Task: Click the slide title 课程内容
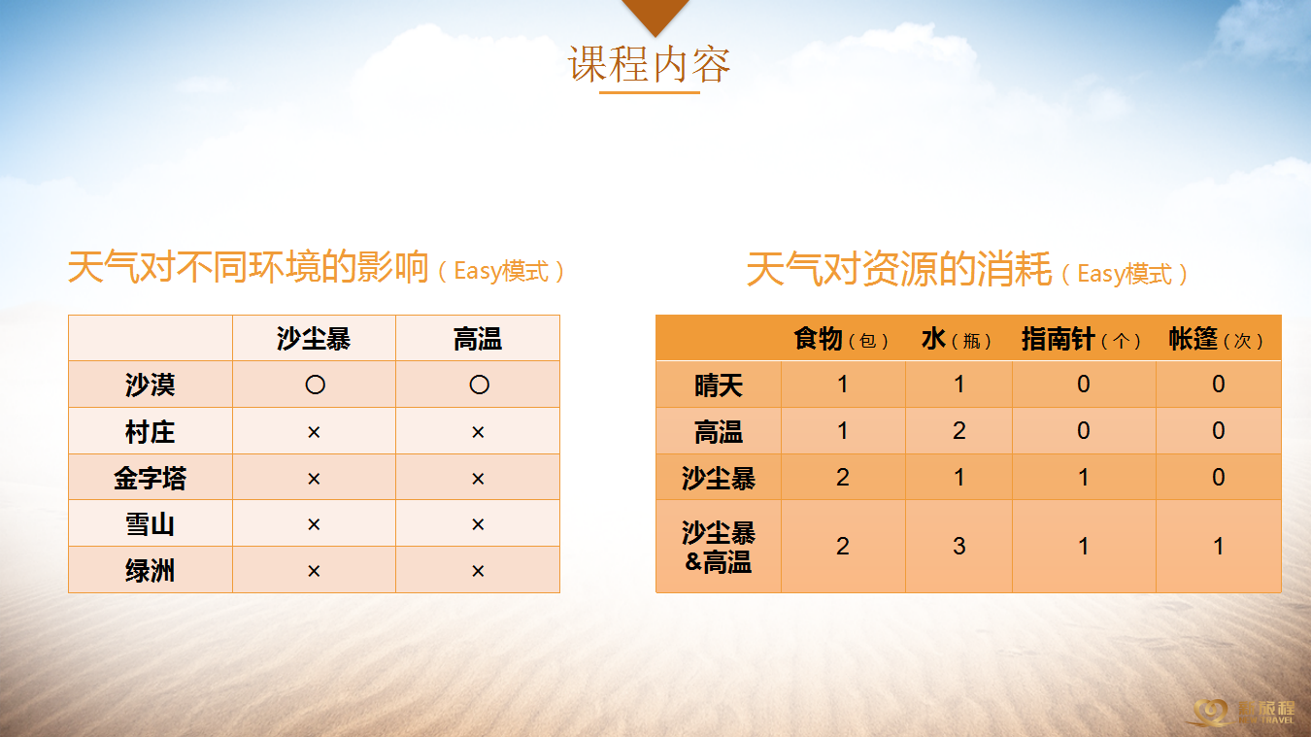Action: [x=649, y=64]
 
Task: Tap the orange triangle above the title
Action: [x=655, y=14]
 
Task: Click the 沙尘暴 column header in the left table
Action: [x=314, y=339]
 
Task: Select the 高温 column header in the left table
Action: [x=478, y=339]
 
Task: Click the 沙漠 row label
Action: [x=150, y=385]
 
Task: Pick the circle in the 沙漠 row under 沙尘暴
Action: [x=315, y=385]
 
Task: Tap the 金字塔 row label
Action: [x=150, y=478]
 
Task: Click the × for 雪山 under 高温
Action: [x=478, y=524]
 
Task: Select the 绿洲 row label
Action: [x=150, y=570]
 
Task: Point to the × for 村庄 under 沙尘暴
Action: [x=314, y=432]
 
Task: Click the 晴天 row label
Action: [x=718, y=385]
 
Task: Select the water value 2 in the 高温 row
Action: [x=958, y=431]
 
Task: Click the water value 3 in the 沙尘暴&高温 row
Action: [x=958, y=546]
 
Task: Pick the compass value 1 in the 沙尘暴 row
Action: [x=1084, y=477]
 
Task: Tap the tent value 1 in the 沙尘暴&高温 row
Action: [x=1219, y=546]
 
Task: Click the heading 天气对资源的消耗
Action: [x=899, y=269]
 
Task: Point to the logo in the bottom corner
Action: [x=1241, y=713]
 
